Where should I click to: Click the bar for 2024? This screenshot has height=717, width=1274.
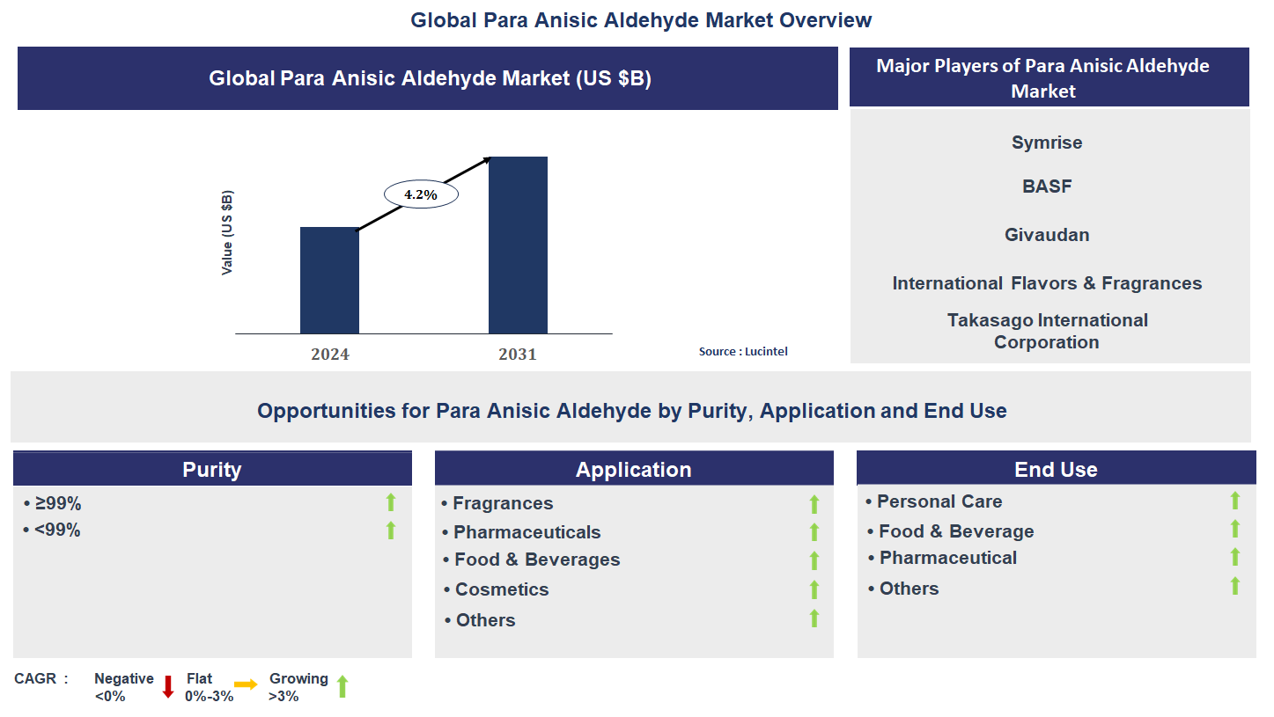pyautogui.click(x=329, y=280)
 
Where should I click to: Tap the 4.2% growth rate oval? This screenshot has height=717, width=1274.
pyautogui.click(x=421, y=194)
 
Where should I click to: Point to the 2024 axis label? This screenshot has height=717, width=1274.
pyautogui.click(x=329, y=355)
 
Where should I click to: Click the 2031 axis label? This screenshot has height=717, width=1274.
pyautogui.click(x=517, y=355)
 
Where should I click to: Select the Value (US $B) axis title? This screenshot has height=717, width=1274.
pyautogui.click(x=227, y=232)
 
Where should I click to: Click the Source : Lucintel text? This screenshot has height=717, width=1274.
pyautogui.click(x=742, y=351)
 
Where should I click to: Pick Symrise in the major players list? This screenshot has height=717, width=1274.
pyautogui.click(x=1047, y=143)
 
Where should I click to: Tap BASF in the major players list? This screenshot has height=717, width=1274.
pyautogui.click(x=1047, y=187)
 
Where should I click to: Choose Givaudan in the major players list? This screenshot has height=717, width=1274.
pyautogui.click(x=1047, y=235)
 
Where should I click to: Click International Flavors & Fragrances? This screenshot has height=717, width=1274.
pyautogui.click(x=1047, y=283)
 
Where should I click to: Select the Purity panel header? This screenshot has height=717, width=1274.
pyautogui.click(x=212, y=469)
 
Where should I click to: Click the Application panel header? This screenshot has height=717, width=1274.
pyautogui.click(x=633, y=470)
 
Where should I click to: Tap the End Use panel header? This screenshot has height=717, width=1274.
pyautogui.click(x=1056, y=469)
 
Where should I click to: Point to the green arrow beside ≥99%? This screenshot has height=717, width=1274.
pyautogui.click(x=391, y=502)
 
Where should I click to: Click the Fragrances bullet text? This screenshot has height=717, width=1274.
pyautogui.click(x=503, y=503)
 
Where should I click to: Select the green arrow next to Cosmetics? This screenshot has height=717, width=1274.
pyautogui.click(x=814, y=589)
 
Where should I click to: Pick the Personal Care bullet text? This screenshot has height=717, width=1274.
pyautogui.click(x=939, y=501)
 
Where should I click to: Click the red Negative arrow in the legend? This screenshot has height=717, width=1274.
pyautogui.click(x=168, y=687)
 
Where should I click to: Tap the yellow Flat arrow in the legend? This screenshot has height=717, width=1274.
pyautogui.click(x=246, y=684)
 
